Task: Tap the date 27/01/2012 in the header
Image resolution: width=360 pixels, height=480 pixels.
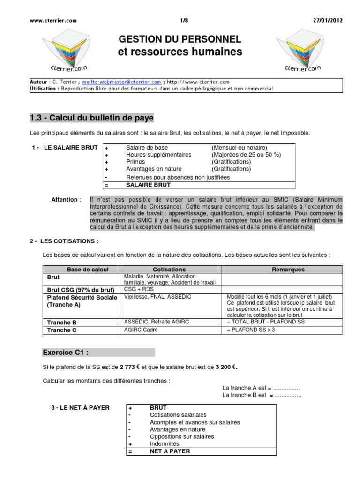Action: tap(328, 21)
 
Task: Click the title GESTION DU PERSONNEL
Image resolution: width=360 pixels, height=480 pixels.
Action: tap(180, 39)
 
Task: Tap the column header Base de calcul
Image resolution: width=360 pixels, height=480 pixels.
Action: tap(81, 270)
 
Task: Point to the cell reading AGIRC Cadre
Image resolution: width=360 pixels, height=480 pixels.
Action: tap(141, 330)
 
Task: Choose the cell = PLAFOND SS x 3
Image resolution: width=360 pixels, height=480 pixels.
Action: tap(251, 330)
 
